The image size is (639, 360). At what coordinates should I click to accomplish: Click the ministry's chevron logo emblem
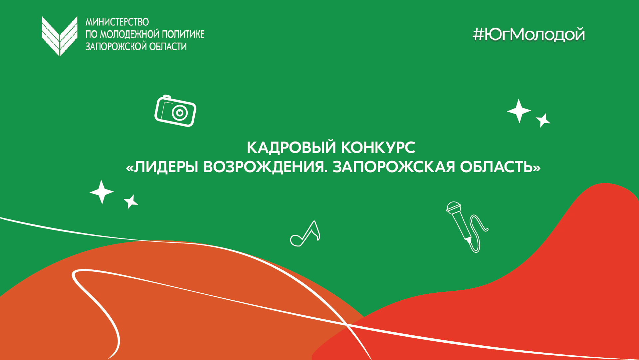coord(59,36)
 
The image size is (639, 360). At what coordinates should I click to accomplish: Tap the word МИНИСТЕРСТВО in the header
coord(117,22)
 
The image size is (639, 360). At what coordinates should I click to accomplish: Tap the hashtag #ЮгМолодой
coord(529,35)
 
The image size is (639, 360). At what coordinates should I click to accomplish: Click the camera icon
coord(175,111)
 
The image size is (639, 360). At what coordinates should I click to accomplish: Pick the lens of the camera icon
coord(180,113)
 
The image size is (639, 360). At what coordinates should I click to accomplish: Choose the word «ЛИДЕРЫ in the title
coord(163,167)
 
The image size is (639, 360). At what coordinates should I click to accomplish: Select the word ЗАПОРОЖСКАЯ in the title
coord(394,167)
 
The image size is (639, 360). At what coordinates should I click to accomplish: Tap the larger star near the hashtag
coord(519,111)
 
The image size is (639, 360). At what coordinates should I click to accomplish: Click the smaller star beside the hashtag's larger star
coord(543,120)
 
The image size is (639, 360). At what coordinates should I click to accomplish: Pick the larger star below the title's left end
coord(102,192)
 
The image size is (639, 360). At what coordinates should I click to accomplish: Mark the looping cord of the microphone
coord(479,230)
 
